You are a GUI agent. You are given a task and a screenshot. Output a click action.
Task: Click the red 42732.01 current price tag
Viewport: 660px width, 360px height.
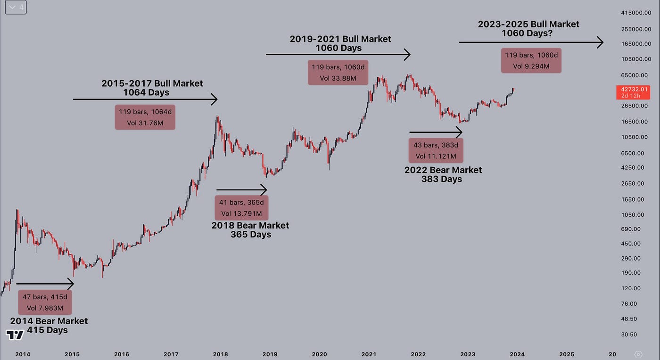tap(635, 92)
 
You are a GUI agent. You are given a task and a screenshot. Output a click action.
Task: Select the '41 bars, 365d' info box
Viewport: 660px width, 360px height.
tap(242, 208)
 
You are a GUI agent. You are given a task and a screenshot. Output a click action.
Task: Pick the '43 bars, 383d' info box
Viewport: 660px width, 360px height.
tap(436, 150)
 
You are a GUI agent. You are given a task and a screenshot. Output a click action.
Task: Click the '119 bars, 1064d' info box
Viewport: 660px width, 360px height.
tap(145, 117)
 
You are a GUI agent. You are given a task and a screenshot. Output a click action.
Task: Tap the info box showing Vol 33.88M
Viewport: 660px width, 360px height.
tap(338, 72)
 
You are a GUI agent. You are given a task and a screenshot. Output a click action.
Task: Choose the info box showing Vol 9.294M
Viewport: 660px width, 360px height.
tap(531, 61)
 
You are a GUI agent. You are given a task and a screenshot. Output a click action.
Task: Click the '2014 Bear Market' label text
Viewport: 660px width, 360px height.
tap(49, 321)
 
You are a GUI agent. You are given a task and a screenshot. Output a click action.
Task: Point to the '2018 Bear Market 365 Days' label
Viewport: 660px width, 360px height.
tap(250, 230)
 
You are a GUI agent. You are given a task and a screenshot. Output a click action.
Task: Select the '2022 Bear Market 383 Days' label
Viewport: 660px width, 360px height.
tap(443, 174)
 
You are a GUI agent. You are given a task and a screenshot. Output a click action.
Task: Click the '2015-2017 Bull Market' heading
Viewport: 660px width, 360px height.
tap(152, 83)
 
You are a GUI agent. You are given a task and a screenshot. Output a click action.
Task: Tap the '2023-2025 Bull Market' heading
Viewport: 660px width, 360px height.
tap(528, 24)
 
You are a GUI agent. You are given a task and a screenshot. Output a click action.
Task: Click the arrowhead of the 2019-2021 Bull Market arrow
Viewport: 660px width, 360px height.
tap(407, 54)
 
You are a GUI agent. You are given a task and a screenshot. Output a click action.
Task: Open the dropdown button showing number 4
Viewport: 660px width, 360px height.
tap(16, 8)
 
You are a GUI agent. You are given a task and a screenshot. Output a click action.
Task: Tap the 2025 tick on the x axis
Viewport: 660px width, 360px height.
tap(567, 354)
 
